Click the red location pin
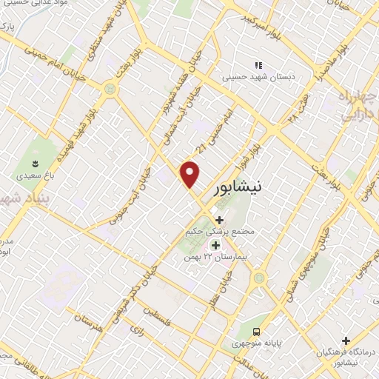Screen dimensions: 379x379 click(x=191, y=174)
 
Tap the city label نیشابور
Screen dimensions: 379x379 click(x=236, y=188)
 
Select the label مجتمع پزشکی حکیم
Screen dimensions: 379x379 click(x=220, y=232)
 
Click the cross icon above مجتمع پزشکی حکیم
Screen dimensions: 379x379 click(x=219, y=219)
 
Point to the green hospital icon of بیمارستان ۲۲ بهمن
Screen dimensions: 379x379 click(x=216, y=245)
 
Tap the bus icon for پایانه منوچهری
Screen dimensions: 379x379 click(x=256, y=332)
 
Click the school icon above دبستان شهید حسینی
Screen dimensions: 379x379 click(x=258, y=64)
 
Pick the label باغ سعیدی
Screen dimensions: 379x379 click(x=34, y=176)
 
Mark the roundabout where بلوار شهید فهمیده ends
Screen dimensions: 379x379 click(x=111, y=90)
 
